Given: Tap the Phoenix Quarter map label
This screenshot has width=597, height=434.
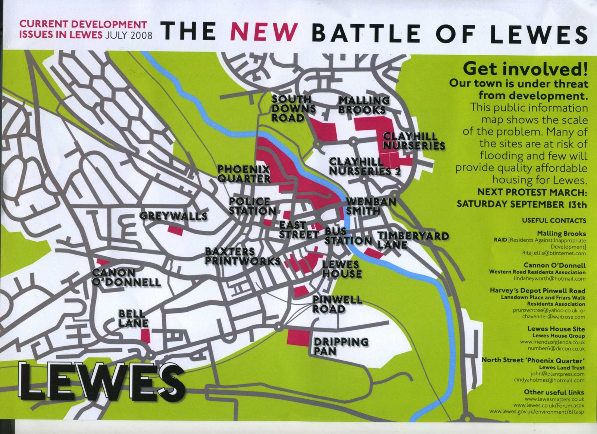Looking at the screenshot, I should click(244, 174).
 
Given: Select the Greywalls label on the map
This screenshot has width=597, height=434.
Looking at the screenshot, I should click(173, 216).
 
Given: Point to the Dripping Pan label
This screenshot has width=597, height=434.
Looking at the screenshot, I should click(340, 346).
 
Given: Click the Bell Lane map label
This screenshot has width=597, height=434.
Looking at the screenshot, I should click(133, 318).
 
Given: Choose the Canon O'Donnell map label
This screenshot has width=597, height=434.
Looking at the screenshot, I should click(126, 278).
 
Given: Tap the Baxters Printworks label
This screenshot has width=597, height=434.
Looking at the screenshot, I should click(242, 256).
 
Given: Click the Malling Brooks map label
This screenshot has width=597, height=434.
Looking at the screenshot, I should click(363, 105).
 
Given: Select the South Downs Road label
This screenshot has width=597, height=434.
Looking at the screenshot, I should click(293, 108).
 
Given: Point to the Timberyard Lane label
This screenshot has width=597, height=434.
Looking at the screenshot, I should click(412, 240).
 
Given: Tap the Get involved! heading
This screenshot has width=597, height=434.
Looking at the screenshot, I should click(525, 69).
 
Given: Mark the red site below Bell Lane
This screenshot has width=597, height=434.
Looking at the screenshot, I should click(145, 335).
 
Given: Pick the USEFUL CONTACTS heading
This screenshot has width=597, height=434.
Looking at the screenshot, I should click(554, 221).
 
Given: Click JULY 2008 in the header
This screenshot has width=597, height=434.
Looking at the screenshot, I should click(129, 35).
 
